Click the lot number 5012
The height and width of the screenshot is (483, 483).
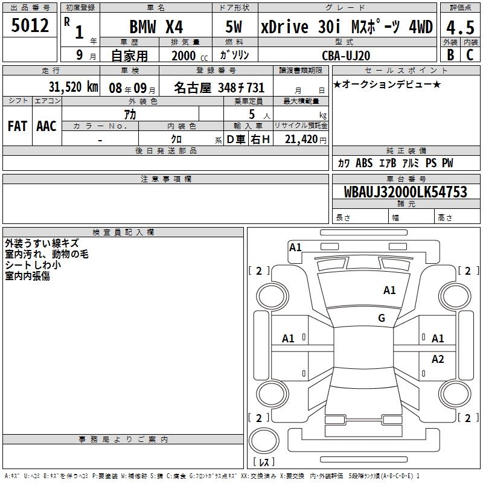30,25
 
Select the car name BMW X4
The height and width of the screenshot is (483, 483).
156,27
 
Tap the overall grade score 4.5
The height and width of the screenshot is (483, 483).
460,27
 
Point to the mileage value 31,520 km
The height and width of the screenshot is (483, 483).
73,87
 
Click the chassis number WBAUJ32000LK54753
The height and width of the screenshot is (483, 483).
406,192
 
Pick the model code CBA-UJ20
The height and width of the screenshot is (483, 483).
346,56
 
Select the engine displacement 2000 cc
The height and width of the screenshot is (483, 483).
190,56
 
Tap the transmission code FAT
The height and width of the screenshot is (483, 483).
18,126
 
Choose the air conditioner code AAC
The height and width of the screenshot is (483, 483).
46,126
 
